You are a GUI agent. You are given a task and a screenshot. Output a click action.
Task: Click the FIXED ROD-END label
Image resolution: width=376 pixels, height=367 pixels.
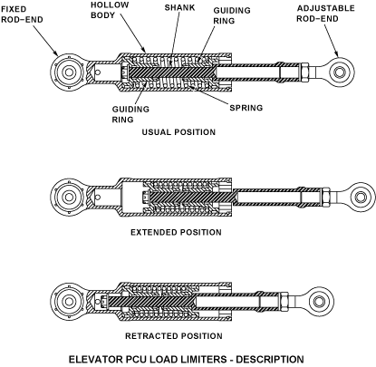[22, 14]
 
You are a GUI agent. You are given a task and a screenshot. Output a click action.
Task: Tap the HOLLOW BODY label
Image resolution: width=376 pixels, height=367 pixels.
[110, 10]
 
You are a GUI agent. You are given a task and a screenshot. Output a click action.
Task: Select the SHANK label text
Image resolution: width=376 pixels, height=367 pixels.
[179, 7]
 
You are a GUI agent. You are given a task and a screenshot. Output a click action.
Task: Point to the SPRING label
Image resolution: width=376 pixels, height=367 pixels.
[246, 108]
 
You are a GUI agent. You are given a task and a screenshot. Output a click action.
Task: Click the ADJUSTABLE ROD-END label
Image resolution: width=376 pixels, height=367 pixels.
[325, 14]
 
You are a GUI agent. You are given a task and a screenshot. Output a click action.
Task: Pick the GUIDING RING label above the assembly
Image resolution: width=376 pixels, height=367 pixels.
[232, 15]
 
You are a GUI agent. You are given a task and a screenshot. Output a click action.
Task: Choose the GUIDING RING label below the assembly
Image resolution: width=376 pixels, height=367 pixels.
[130, 114]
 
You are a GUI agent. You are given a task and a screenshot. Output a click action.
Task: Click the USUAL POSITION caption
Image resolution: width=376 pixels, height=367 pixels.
[178, 132]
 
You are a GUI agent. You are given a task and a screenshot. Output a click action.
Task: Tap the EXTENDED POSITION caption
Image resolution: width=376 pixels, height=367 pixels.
[176, 232]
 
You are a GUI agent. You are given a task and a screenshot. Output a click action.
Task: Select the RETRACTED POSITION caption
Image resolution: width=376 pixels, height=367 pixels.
[174, 336]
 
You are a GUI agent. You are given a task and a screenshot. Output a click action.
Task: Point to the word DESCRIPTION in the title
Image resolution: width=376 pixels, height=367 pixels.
[270, 360]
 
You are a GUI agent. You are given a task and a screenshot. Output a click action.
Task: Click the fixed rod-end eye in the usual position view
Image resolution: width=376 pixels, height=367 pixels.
[69, 72]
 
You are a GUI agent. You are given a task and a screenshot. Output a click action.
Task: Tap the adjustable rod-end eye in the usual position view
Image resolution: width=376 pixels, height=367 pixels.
[342, 72]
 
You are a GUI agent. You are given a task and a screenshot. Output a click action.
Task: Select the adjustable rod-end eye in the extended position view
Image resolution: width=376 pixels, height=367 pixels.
[360, 198]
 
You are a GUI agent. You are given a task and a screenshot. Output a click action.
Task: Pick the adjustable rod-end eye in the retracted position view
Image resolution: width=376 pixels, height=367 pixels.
[320, 301]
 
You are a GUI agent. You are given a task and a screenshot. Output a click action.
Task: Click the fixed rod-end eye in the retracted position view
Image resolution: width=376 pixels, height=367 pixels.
[69, 301]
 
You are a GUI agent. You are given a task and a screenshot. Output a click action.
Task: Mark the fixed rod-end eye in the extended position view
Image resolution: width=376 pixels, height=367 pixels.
[69, 198]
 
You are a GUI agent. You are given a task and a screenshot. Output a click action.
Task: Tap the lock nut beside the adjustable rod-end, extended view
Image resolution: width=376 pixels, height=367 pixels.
[326, 198]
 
